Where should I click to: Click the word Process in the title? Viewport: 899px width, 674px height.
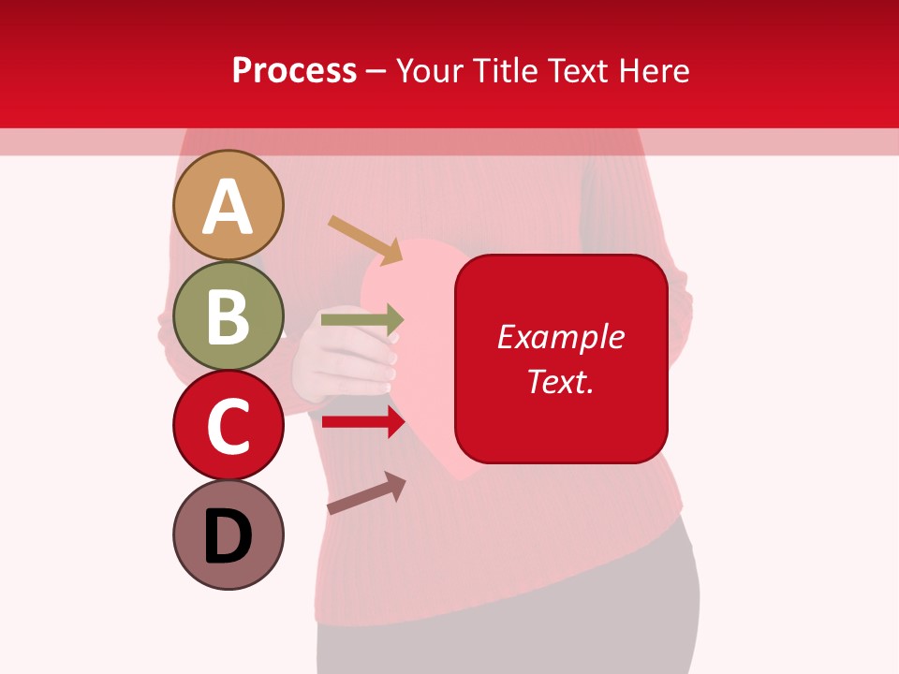click(294, 70)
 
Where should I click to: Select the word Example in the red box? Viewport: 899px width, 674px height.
click(561, 337)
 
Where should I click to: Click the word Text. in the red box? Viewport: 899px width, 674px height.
click(561, 381)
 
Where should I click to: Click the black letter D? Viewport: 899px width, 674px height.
click(228, 537)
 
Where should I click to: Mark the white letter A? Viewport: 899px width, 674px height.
click(228, 207)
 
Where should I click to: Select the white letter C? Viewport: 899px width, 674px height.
click(228, 427)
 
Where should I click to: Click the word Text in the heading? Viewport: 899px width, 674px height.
click(580, 70)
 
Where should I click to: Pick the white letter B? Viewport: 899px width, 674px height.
click(228, 317)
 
